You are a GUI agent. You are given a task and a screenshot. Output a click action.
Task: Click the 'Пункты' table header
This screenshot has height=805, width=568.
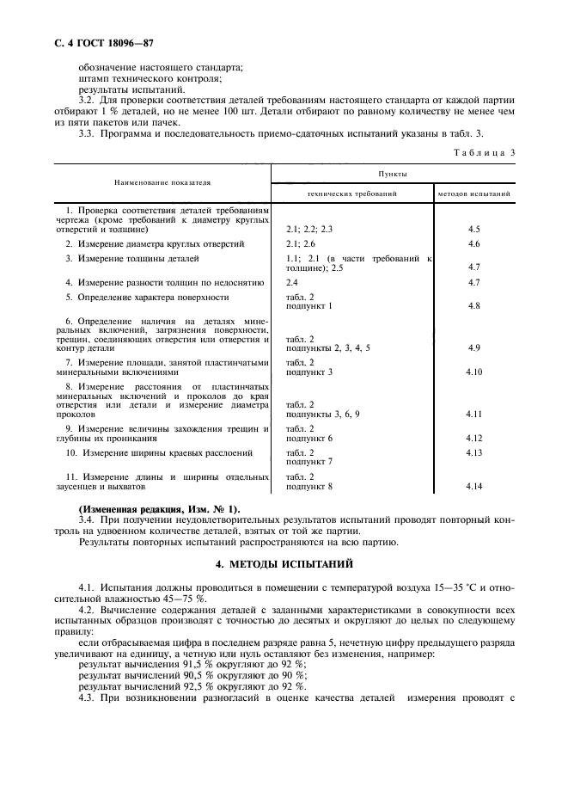click(x=392, y=173)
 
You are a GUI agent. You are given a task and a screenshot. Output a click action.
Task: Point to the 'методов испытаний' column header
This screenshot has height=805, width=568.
click(x=474, y=194)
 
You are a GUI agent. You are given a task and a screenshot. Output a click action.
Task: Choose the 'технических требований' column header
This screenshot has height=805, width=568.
click(x=352, y=194)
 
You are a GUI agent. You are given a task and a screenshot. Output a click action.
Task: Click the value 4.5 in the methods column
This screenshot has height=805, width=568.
click(x=473, y=230)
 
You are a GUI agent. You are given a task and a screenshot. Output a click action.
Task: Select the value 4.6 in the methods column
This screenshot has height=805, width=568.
click(x=473, y=244)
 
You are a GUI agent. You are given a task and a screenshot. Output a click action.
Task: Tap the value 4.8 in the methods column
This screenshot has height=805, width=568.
click(x=473, y=305)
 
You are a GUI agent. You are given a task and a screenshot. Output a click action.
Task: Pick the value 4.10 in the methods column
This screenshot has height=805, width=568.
click(x=474, y=372)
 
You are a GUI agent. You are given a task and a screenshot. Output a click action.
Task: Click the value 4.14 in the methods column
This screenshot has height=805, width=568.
click(x=474, y=487)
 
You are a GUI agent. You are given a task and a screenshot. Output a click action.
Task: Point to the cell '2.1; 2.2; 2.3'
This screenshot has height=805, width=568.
click(x=308, y=230)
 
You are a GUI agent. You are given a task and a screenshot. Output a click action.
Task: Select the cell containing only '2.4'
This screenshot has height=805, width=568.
click(x=291, y=282)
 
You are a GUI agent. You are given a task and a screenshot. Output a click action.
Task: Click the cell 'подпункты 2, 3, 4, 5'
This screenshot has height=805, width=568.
click(x=327, y=347)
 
